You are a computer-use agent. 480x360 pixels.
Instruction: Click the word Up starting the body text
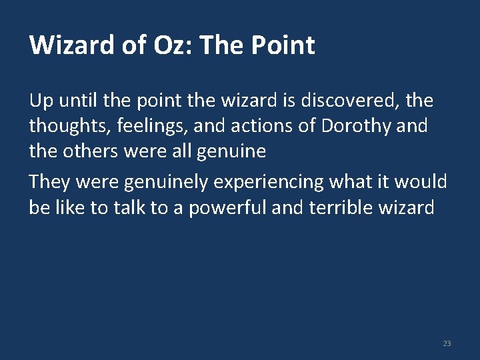[x=40, y=101]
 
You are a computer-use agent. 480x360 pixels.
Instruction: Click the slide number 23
[x=447, y=343]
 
